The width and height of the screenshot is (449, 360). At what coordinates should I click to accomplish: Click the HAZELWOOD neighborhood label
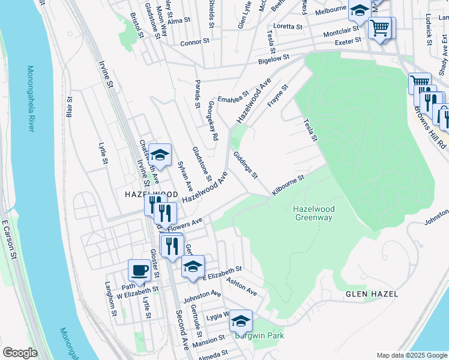coord(151,195)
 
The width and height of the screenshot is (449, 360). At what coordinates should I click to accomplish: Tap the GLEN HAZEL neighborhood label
coord(368,294)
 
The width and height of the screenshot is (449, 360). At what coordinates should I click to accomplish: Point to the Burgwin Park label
coord(259,336)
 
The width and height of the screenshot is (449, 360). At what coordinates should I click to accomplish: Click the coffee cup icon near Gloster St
coord(140,269)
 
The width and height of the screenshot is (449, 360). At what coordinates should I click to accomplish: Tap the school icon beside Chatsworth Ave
coord(160,155)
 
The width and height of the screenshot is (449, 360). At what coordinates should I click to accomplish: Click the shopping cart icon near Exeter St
coord(380,28)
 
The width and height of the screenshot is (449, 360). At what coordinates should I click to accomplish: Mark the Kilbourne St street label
coord(288,184)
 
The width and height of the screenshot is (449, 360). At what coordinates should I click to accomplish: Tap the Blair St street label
coord(70,107)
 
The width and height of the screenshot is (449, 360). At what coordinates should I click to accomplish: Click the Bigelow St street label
coord(273,58)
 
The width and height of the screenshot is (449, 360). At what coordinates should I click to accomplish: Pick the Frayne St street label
coord(278,95)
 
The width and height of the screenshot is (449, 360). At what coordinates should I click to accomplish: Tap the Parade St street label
coord(197,93)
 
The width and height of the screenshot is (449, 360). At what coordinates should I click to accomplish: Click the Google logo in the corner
coord(20,353)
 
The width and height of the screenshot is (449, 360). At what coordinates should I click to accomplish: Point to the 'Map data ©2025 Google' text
coord(411,355)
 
